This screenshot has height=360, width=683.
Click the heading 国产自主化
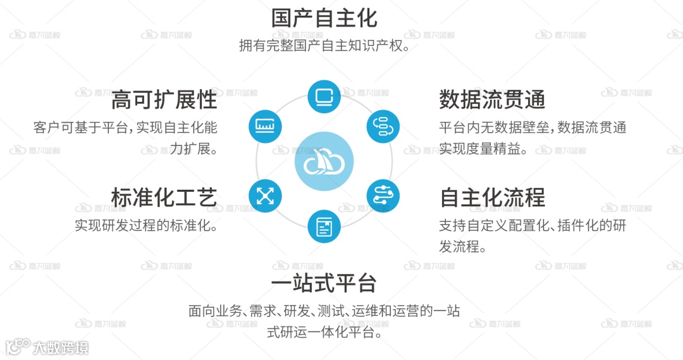tap(324, 18)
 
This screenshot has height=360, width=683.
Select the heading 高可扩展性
tap(164, 100)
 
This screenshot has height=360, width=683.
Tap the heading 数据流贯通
tap(492, 100)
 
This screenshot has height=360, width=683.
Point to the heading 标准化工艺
tap(164, 197)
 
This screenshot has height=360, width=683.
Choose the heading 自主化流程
tap(492, 197)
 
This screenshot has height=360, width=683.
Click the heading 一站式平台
tap(324, 283)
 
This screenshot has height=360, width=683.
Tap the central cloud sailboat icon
tap(324, 163)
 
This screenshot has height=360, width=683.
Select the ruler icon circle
tap(265, 126)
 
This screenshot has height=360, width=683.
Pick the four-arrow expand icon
tap(265, 196)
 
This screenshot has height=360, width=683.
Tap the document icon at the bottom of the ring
tap(324, 227)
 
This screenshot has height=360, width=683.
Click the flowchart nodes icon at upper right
tap(383, 126)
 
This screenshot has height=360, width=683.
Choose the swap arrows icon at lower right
tap(383, 196)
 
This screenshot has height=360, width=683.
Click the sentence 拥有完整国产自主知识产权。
tap(324, 46)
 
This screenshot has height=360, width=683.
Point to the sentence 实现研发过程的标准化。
tap(146, 225)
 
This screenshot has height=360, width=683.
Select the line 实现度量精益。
tap(484, 150)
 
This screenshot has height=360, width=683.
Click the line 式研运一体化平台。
tap(324, 332)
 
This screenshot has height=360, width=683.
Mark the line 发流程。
tap(463, 247)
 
